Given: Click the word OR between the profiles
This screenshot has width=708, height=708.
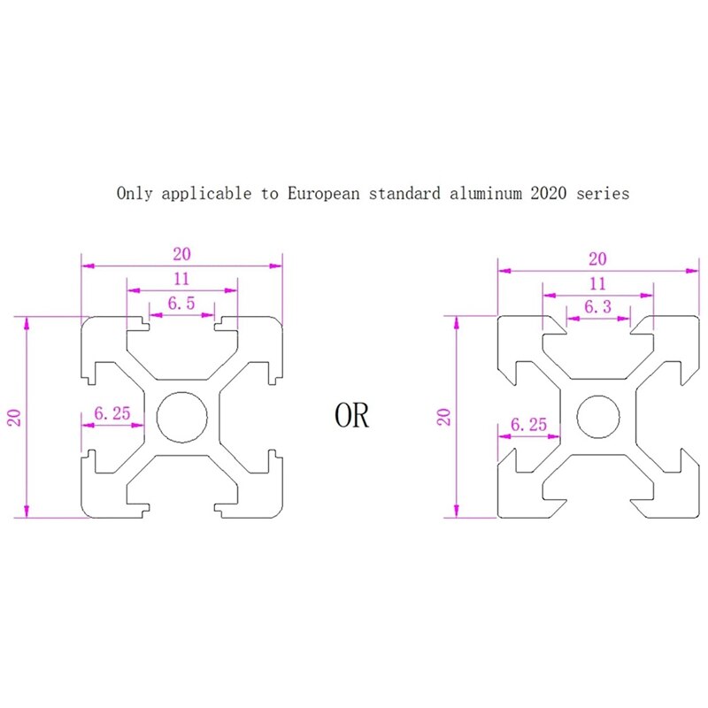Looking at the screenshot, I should (352, 415).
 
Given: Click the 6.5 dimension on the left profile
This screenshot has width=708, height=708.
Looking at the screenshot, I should (181, 303).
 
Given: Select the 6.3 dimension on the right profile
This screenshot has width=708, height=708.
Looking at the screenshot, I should (596, 307).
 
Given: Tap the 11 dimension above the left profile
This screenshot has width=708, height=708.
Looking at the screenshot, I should (181, 278).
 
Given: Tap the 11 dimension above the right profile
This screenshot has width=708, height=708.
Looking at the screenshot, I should (597, 283).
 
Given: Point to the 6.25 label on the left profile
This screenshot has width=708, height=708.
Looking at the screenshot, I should (112, 413).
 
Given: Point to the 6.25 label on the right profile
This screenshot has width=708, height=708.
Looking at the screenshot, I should (528, 425).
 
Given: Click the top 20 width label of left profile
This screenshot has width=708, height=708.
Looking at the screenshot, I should (181, 253).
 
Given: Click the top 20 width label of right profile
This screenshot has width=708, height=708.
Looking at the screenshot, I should (597, 258).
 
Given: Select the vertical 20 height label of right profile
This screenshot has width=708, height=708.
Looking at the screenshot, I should (444, 415).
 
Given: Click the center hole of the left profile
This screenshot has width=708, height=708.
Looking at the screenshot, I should (182, 415).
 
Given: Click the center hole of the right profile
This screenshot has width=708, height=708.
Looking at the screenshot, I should (598, 415).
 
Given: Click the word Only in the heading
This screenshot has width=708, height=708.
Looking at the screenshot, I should (135, 193).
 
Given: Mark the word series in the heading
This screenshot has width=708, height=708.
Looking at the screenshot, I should (604, 193).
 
